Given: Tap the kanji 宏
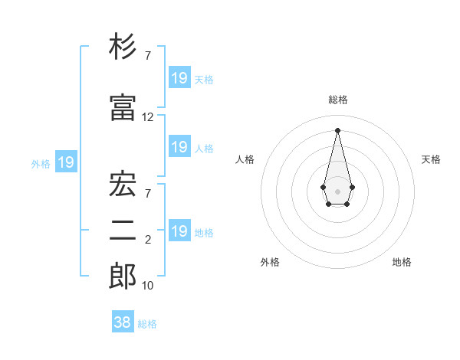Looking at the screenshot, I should click(x=123, y=184).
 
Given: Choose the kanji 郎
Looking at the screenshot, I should click(x=123, y=276).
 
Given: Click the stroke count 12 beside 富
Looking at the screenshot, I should click(x=148, y=117).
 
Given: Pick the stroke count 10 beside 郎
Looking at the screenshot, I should click(x=148, y=286).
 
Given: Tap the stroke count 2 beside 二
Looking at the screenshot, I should click(x=148, y=241).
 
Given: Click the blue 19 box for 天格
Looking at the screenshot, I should click(x=179, y=77).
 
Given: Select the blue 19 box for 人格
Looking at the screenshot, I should click(x=179, y=147).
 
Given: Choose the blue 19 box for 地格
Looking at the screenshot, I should click(x=179, y=231).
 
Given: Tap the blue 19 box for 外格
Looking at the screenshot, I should click(x=65, y=162).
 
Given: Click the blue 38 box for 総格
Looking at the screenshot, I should click(x=123, y=322).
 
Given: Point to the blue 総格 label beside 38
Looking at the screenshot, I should click(x=147, y=324).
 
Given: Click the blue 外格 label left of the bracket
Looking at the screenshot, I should click(x=41, y=163).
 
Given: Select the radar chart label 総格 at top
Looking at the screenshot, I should click(x=337, y=100).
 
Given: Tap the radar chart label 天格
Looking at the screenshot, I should click(x=431, y=159).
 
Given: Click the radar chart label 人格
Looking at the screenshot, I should click(x=245, y=159).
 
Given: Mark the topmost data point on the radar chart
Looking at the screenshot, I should click(x=337, y=129).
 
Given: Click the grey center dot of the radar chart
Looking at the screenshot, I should click(x=337, y=190).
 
